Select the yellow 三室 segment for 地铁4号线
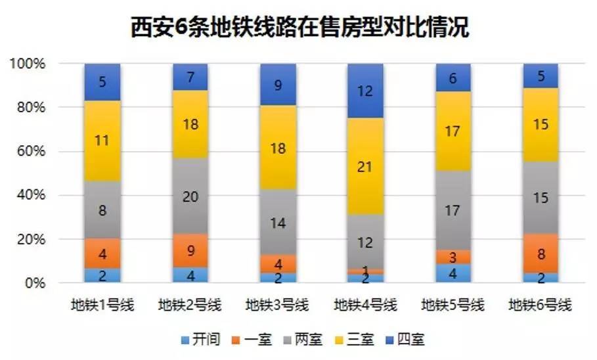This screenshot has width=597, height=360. click(x=365, y=166)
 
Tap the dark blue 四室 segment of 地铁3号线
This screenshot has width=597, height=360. click(x=278, y=85)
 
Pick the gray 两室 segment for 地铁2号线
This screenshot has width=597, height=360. click(x=190, y=196)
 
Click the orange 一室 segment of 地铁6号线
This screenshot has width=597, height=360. click(x=540, y=254)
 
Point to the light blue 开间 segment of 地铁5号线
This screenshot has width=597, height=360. click(x=453, y=273)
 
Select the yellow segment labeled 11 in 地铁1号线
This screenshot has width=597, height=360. click(x=102, y=141)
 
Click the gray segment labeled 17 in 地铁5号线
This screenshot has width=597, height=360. click(x=453, y=210)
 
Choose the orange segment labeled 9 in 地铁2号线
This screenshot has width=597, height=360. click(x=190, y=250)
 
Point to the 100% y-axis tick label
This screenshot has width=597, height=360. click(x=27, y=64)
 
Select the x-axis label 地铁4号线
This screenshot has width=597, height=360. click(x=365, y=305)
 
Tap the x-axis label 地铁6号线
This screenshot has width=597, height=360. click(x=540, y=305)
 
